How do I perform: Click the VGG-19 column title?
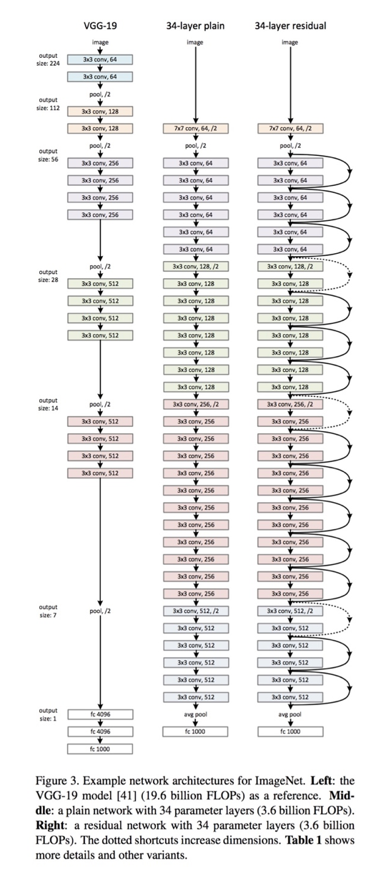click(100, 26)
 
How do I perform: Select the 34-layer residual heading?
click(290, 26)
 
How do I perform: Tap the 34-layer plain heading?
click(195, 26)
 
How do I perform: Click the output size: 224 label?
click(48, 59)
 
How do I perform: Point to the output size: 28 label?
click(48, 275)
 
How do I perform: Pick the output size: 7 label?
click(48, 611)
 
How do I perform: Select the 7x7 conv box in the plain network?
click(195, 129)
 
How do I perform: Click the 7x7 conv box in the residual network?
click(290, 129)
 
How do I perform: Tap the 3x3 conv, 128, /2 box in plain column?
click(195, 266)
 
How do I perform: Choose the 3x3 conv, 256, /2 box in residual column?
click(290, 404)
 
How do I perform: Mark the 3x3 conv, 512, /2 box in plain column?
click(195, 611)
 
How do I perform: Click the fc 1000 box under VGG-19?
click(100, 748)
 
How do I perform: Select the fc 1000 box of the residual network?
click(290, 731)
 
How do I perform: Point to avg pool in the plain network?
click(195, 714)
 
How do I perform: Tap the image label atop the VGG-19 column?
click(100, 42)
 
